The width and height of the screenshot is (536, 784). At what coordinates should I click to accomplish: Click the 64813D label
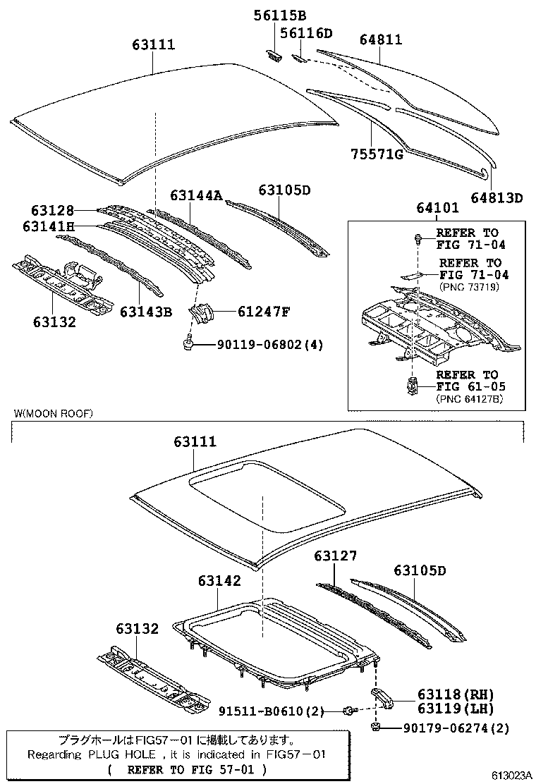pyautogui.click(x=497, y=198)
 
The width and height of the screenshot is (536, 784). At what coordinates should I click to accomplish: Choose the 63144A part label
pyautogui.click(x=195, y=195)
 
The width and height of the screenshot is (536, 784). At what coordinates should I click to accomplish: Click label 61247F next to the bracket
pyautogui.click(x=247, y=311)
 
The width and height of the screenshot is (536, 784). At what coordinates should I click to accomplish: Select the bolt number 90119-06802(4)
pyautogui.click(x=260, y=345)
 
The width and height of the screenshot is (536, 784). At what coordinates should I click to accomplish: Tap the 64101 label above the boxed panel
pyautogui.click(x=437, y=208)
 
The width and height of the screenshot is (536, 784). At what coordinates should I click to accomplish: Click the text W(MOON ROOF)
pyautogui.click(x=53, y=413)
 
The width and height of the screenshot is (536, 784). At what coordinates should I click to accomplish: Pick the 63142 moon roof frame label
pyautogui.click(x=219, y=581)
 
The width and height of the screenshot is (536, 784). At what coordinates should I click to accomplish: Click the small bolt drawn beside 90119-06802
pyautogui.click(x=190, y=343)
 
